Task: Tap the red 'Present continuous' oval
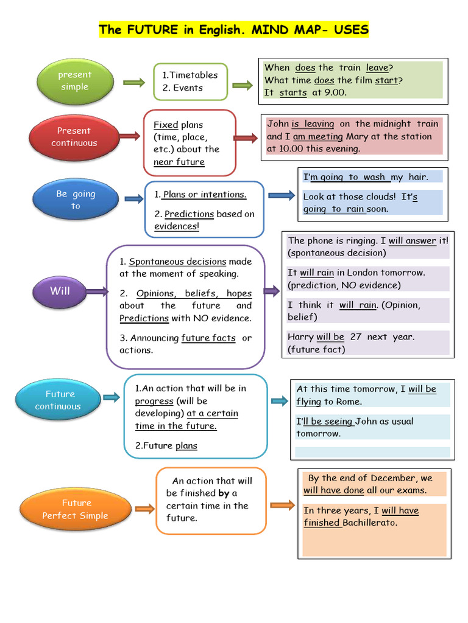tap(74, 137)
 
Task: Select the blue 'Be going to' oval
tap(76, 200)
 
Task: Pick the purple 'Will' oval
tap(60, 291)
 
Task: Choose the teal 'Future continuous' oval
tap(58, 400)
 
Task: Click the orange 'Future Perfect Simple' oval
tap(76, 509)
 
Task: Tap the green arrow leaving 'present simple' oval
tap(133, 82)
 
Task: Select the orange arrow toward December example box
tap(282, 505)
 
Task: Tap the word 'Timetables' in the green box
tap(193, 75)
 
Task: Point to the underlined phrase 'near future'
tap(179, 162)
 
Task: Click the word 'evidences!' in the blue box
tap(177, 226)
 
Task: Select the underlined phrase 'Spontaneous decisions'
tap(177, 261)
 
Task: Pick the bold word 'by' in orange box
tap(224, 493)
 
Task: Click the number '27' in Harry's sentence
tap(356, 336)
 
